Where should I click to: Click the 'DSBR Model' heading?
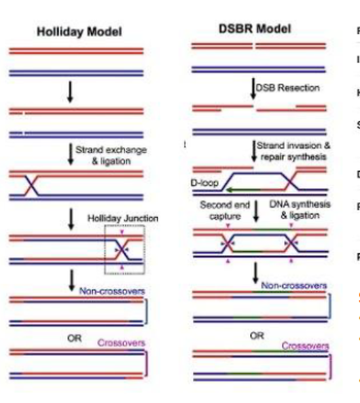(255, 28)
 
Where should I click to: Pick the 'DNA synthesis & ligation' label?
(293, 210)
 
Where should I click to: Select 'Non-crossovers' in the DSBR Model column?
(295, 267)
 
